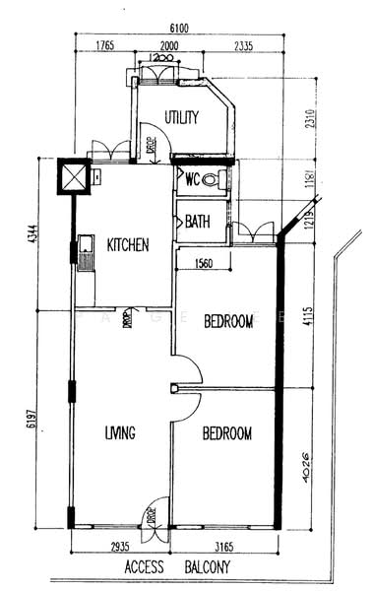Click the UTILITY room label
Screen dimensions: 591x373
pyautogui.click(x=182, y=117)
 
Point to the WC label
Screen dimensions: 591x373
pyautogui.click(x=193, y=179)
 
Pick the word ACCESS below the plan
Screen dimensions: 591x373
pyautogui.click(x=144, y=568)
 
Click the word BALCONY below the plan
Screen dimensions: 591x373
pyautogui.click(x=207, y=568)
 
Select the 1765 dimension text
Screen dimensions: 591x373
pyautogui.click(x=106, y=46)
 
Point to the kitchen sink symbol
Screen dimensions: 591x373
pyautogui.click(x=86, y=254)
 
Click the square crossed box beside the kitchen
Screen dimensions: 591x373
pyautogui.click(x=75, y=177)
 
